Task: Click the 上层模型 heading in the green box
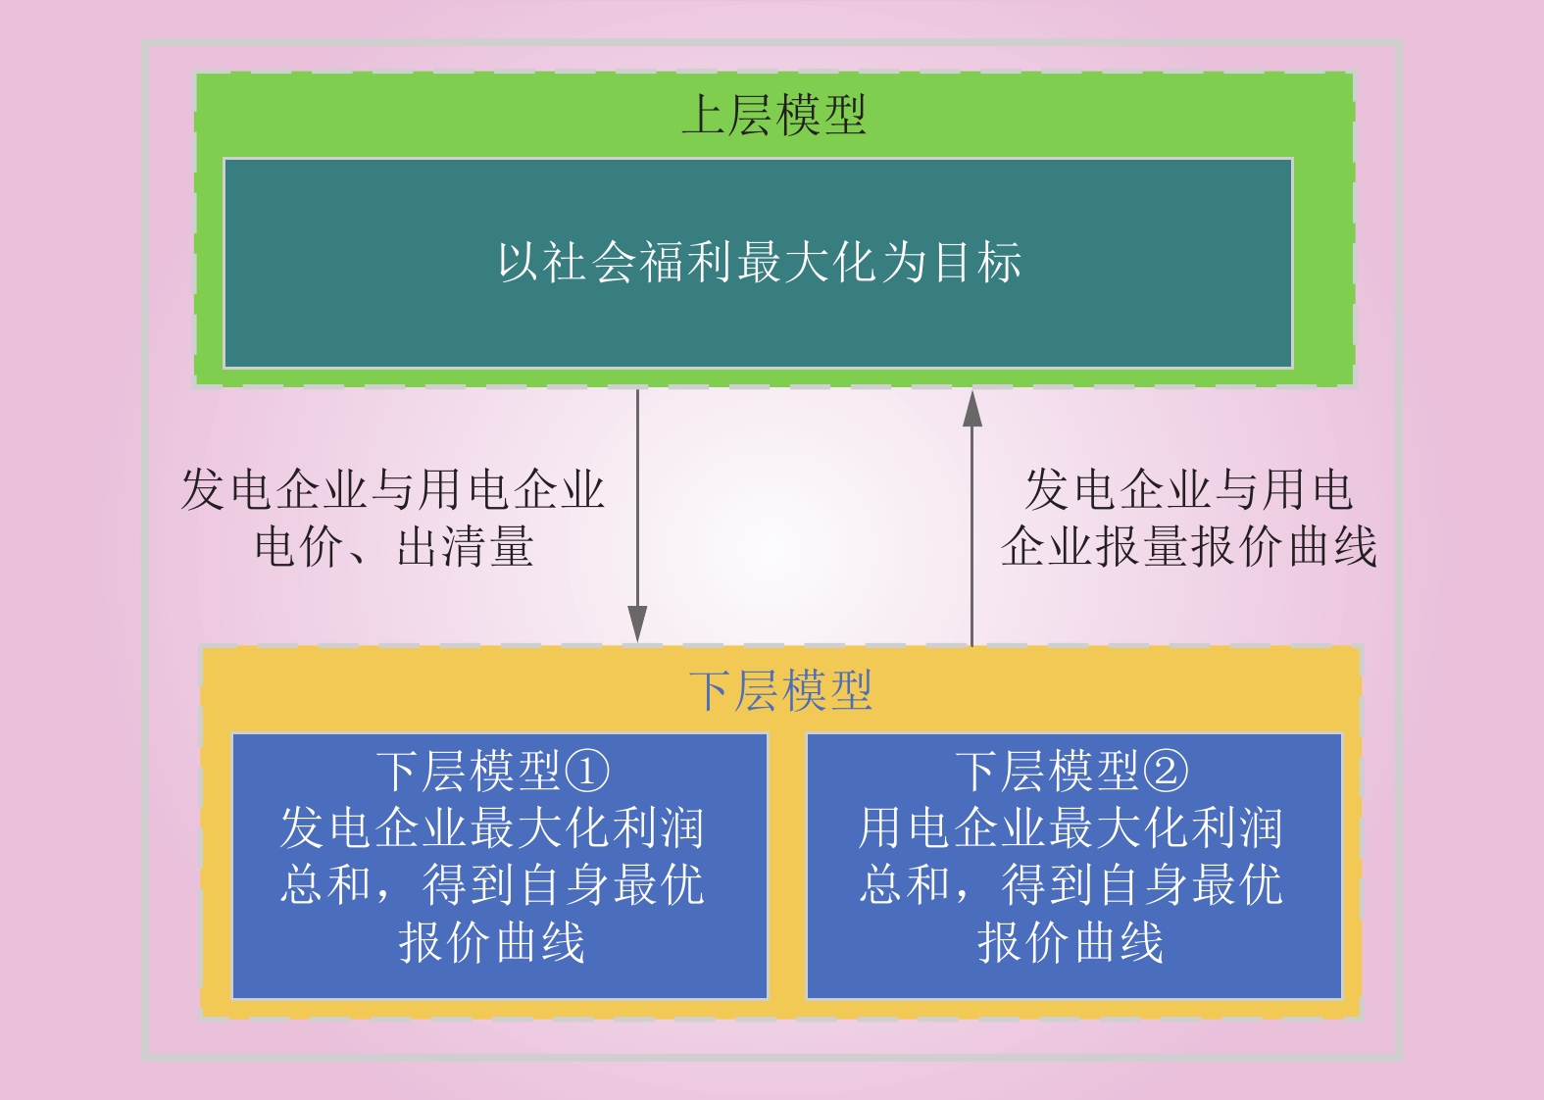tap(774, 115)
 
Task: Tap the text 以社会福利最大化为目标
tap(759, 262)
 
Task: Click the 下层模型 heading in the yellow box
tap(781, 690)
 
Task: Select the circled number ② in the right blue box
tap(1166, 772)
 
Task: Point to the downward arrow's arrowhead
tap(637, 624)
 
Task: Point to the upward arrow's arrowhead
tap(971, 409)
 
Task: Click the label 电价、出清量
tap(394, 546)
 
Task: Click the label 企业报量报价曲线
tap(1189, 546)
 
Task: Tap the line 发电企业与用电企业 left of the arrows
tap(393, 490)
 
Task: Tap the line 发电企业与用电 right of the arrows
tap(1188, 490)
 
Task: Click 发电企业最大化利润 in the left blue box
tap(492, 827)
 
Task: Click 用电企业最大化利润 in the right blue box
tap(1071, 827)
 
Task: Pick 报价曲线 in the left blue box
tap(492, 942)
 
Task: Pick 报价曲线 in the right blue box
tap(1071, 942)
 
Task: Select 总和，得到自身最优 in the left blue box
tap(492, 884)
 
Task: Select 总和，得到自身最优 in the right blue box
tap(1071, 884)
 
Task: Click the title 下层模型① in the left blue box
tap(493, 772)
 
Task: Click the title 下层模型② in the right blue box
tap(1071, 772)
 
